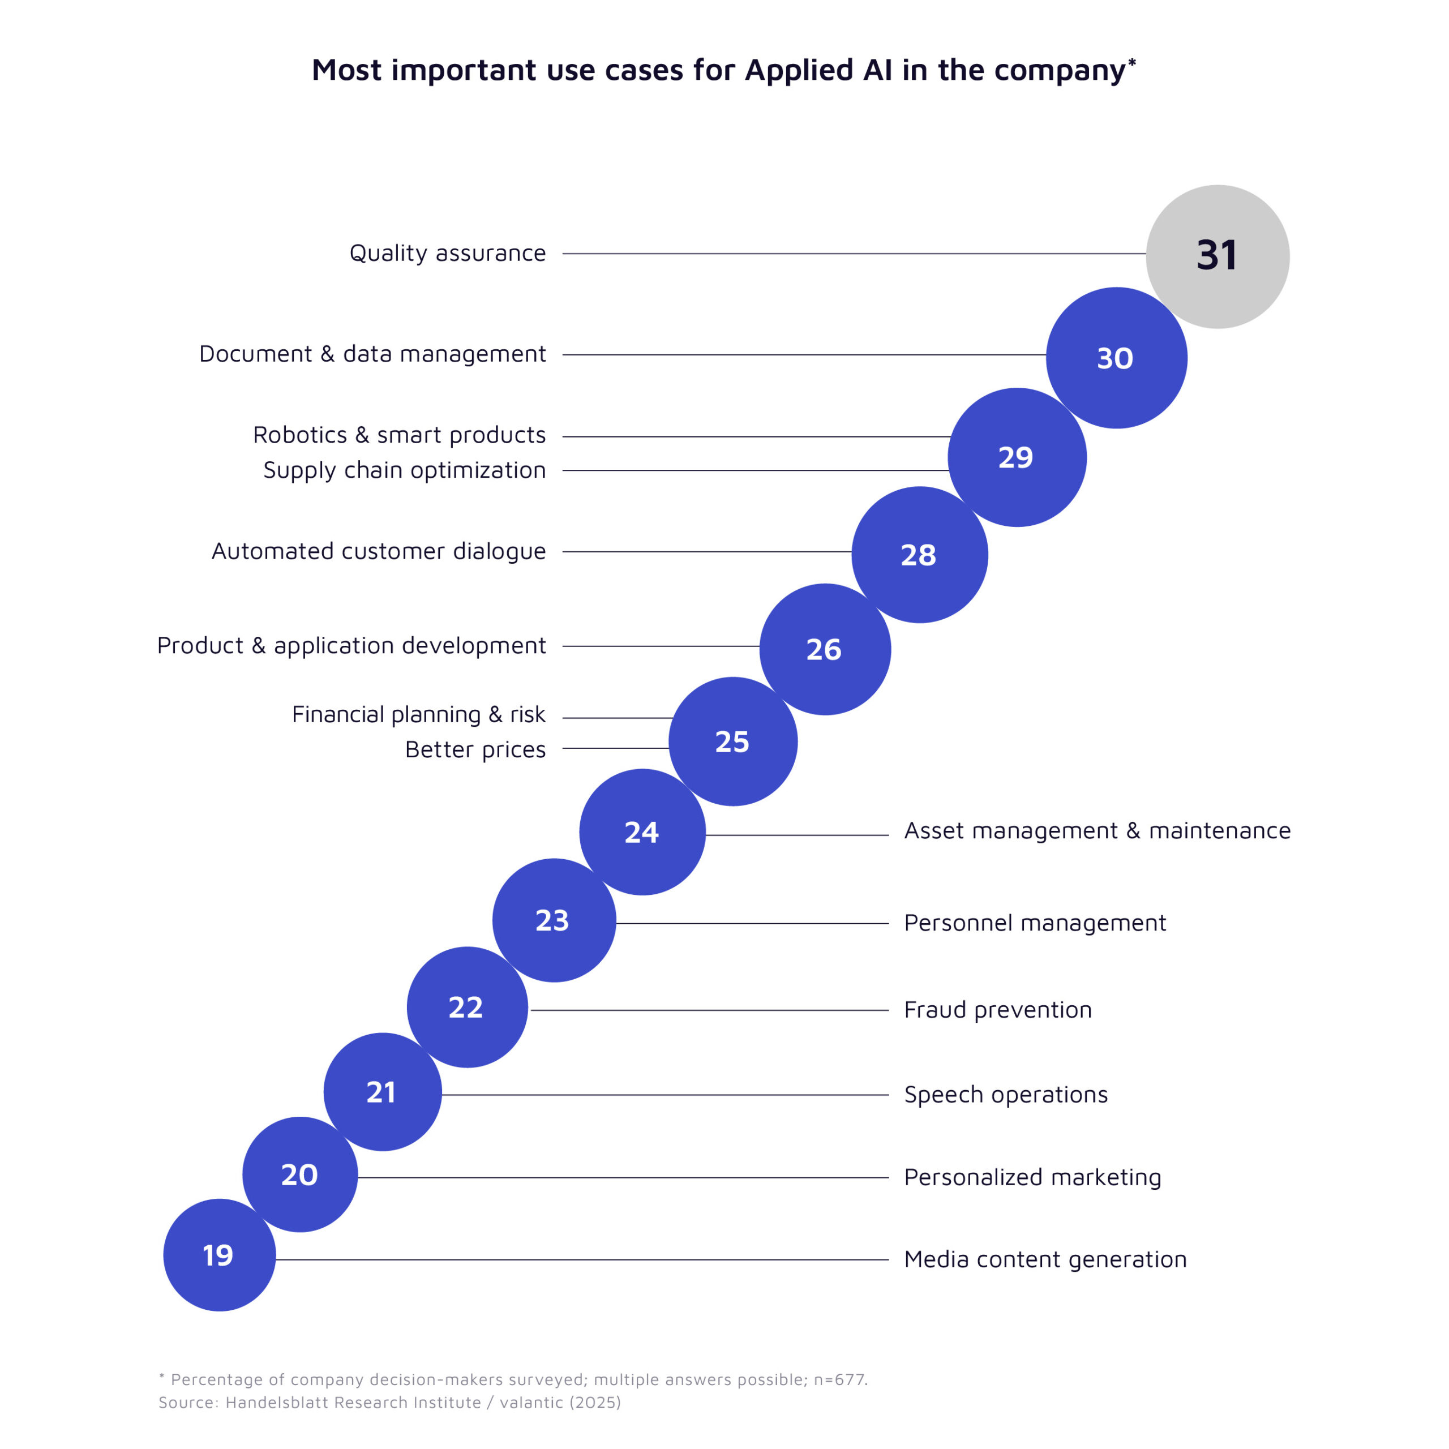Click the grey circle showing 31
point(1217,256)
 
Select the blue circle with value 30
point(1116,358)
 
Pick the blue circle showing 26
point(824,649)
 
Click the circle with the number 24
point(642,831)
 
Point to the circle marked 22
point(466,1006)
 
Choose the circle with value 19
point(219,1255)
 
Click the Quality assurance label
point(447,254)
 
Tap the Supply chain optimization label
point(404,470)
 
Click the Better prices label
point(475,749)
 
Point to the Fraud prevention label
point(997,1010)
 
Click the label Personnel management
point(1034,923)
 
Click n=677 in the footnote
point(839,1379)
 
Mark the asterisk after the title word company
point(1132,62)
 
